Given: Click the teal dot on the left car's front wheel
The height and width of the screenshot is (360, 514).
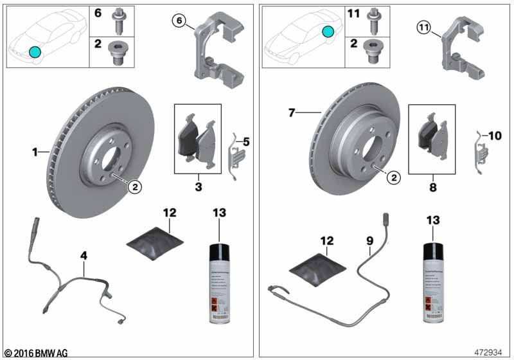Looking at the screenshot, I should [35, 52].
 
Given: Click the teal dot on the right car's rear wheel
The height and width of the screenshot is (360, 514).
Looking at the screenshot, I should [328, 30].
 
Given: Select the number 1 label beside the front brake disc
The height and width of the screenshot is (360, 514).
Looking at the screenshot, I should [35, 152].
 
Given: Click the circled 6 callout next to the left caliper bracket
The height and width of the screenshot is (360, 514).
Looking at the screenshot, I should [180, 22].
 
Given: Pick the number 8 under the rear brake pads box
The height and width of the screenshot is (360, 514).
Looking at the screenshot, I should [432, 188].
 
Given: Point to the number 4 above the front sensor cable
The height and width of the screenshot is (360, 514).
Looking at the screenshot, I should [83, 256].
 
